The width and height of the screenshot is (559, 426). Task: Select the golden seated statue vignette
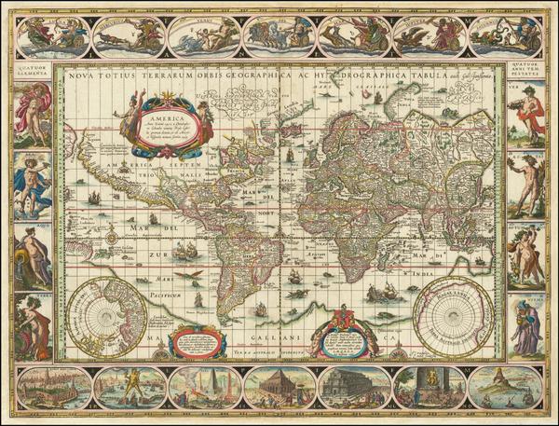coord(429,384)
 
